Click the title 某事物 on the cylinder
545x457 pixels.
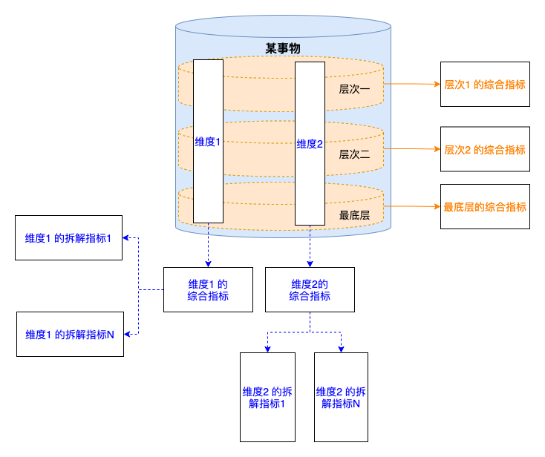283,48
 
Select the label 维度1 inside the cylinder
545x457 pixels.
207,142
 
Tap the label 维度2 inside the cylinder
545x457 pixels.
310,144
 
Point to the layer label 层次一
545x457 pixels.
354,89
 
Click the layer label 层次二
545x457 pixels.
354,154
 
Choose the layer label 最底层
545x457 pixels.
354,215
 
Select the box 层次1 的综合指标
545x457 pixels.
485,84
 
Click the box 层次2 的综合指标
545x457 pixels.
485,149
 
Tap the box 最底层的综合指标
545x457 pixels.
485,207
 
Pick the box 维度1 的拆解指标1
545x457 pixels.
68,237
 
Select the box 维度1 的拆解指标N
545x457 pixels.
70,334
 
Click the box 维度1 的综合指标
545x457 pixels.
208,289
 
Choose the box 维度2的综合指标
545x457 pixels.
310,289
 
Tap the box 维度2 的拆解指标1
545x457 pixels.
267,397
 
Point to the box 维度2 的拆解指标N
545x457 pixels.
341,397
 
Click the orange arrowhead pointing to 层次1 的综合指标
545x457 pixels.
437,84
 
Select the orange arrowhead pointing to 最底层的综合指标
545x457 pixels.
437,207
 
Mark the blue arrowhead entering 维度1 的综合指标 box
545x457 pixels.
208,264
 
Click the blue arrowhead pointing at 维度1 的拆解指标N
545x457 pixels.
127,334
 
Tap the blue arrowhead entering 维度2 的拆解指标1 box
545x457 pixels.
267,349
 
